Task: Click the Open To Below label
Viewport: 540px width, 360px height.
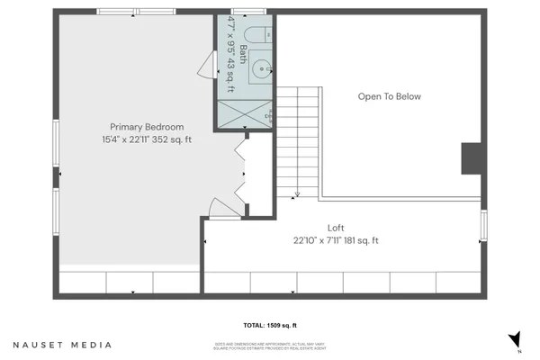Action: tap(389, 96)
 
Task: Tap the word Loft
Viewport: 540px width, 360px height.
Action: tap(336, 228)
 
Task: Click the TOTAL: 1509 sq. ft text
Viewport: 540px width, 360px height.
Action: tap(268, 325)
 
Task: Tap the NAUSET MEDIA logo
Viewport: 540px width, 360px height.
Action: tap(63, 345)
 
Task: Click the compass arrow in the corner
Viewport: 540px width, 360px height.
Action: tap(514, 341)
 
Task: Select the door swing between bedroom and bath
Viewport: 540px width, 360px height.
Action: tap(207, 65)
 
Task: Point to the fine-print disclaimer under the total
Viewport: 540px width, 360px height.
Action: tap(268, 344)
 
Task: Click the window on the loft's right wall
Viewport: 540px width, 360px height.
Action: tap(483, 225)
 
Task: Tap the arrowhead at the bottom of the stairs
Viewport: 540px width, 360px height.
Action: tap(297, 194)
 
